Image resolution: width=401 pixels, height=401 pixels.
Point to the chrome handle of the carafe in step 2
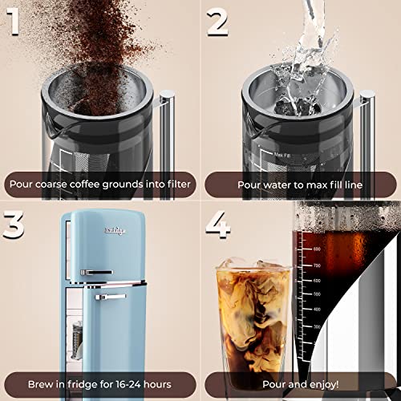pos(366,128)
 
